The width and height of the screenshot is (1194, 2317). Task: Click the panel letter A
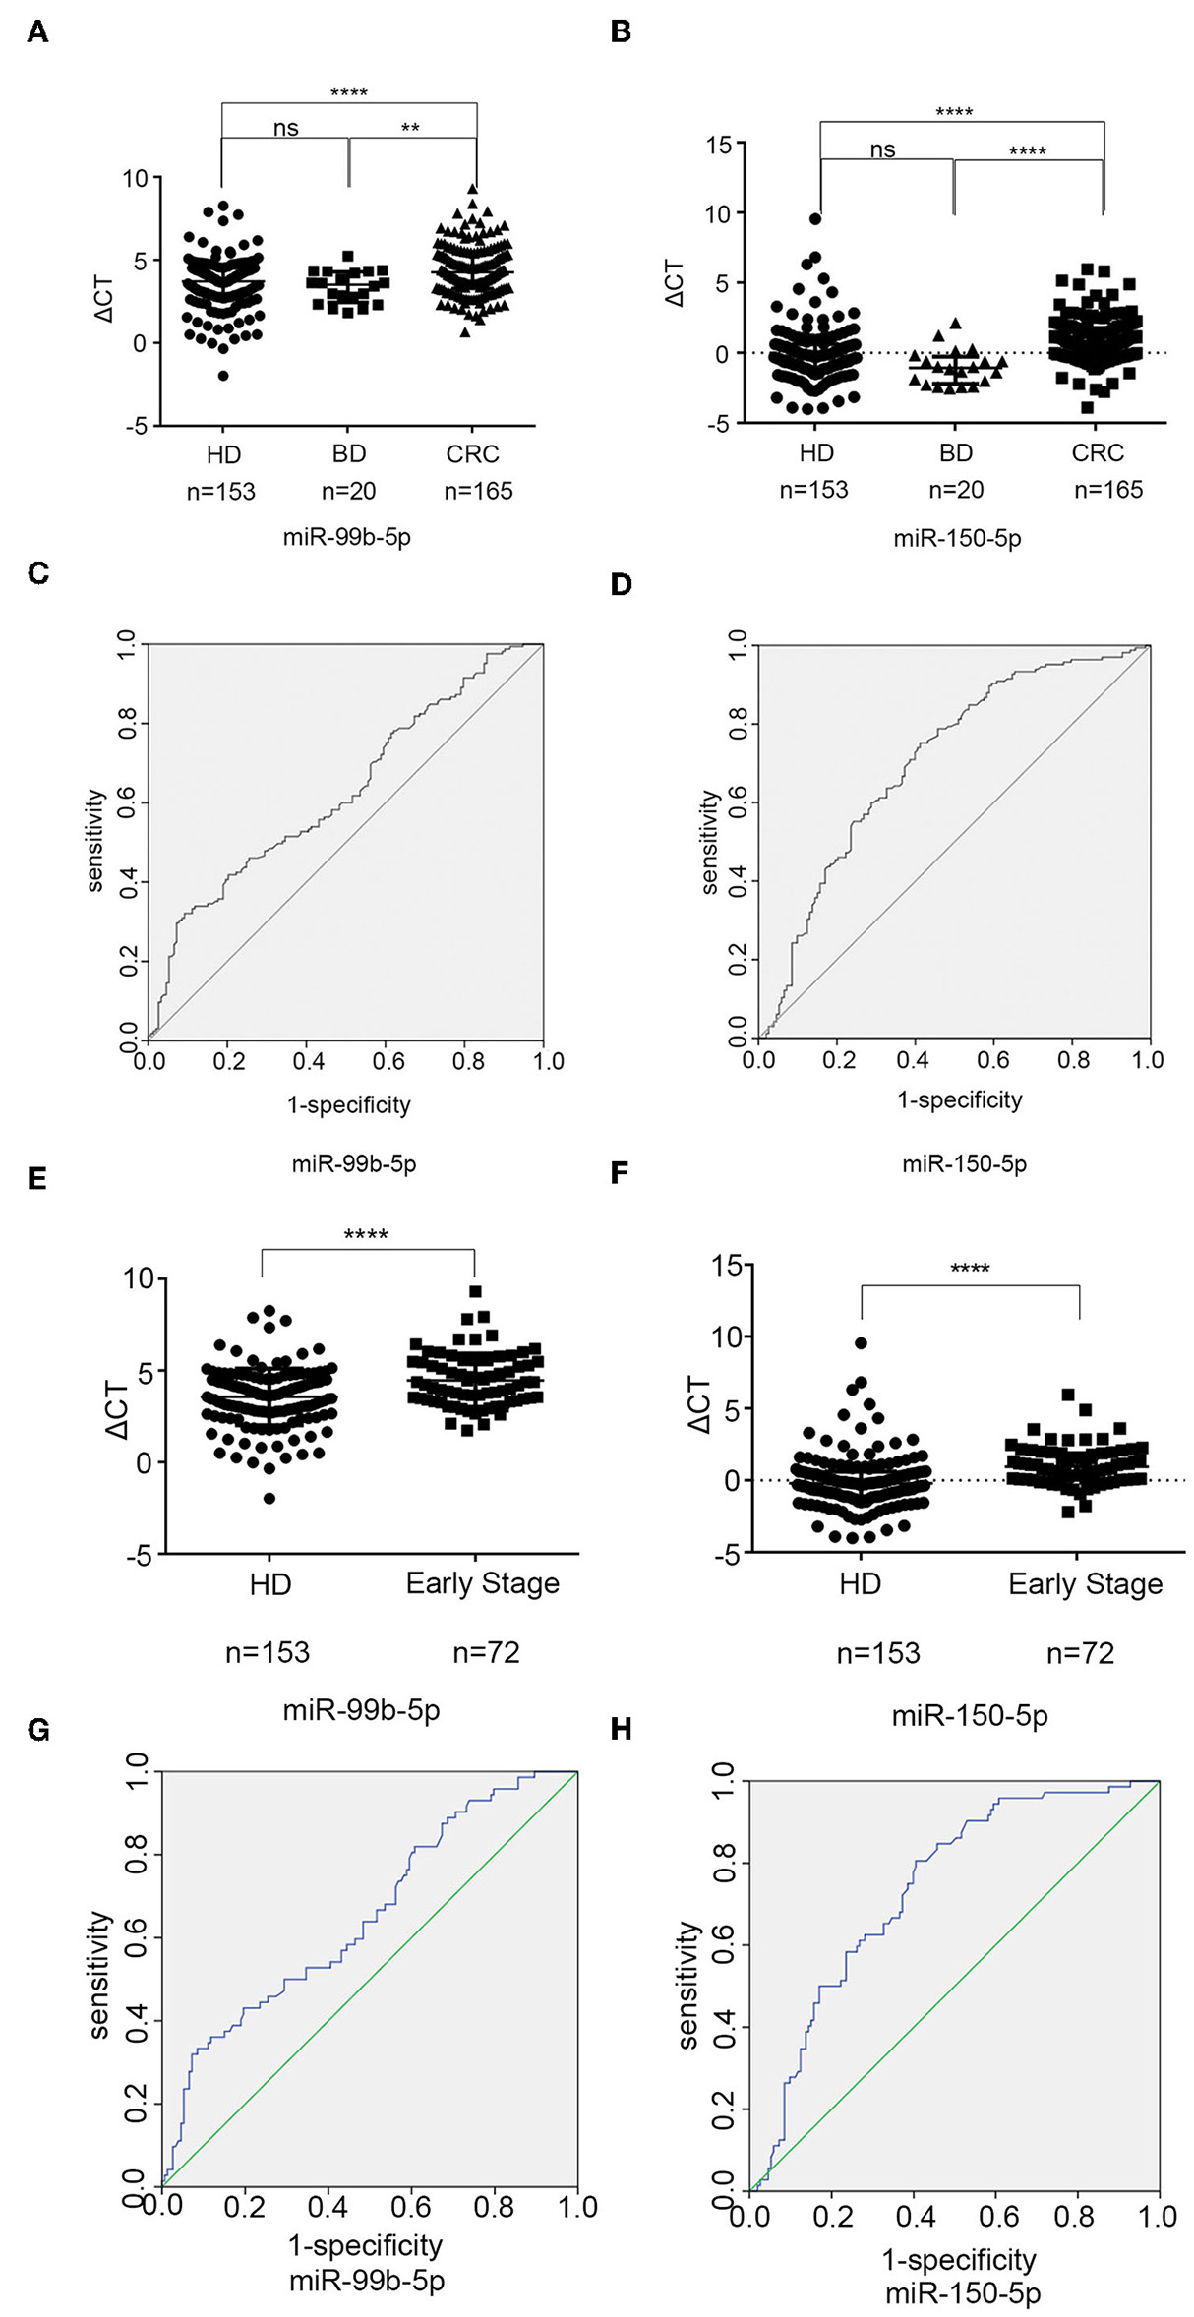[x=37, y=32]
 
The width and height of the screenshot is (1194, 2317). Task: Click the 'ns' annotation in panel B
[x=882, y=149]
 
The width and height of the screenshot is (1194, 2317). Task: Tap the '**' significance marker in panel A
[x=410, y=128]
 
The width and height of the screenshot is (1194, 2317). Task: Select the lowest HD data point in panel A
[x=223, y=376]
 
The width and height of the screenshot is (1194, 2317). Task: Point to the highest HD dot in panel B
[x=815, y=219]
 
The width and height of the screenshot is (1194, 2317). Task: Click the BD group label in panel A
[x=348, y=454]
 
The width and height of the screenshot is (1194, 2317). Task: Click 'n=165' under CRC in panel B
[x=1108, y=490]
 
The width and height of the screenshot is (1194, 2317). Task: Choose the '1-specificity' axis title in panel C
[x=348, y=1105]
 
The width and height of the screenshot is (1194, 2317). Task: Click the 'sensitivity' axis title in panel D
[x=709, y=842]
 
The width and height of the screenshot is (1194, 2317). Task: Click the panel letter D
[x=621, y=585]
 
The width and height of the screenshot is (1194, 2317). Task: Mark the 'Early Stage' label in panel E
[x=482, y=1583]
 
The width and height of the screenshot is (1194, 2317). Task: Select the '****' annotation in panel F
[x=969, y=1269]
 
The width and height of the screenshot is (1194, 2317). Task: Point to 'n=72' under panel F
[x=1080, y=1653]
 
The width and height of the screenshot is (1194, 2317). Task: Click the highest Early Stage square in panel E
[x=475, y=1292]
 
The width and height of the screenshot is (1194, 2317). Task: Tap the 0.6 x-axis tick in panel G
[x=410, y=2207]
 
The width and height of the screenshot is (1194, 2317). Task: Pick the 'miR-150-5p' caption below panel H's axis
[x=962, y=2294]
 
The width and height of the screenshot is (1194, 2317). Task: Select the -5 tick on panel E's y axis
[x=138, y=1555]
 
